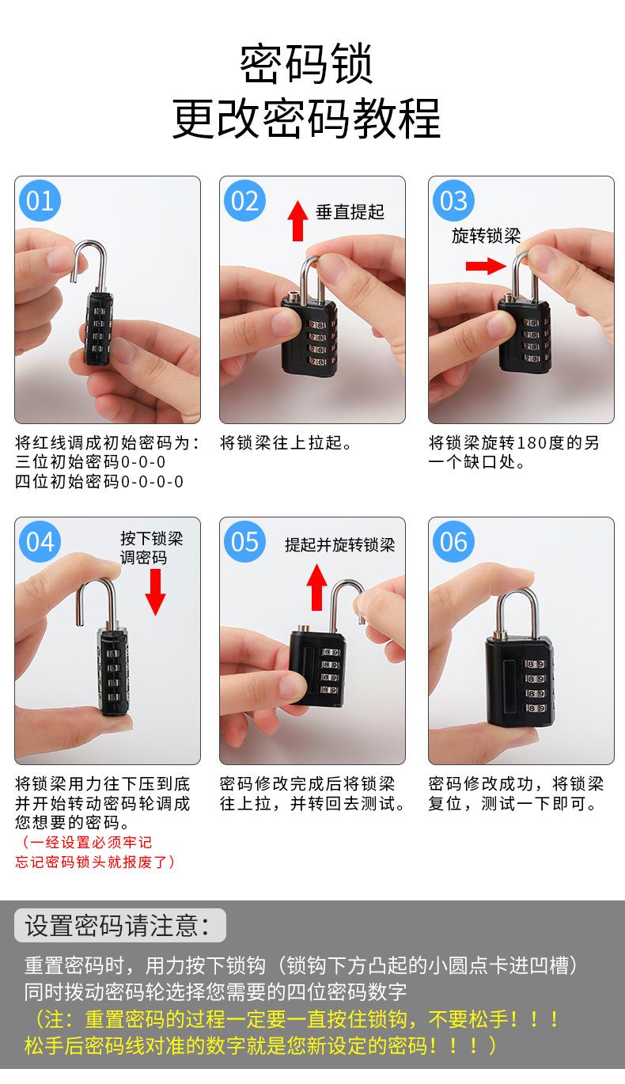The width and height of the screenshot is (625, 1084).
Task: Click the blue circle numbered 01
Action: pos(40,200)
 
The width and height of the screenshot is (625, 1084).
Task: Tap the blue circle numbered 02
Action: pos(244,200)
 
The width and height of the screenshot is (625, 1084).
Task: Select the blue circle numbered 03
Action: pos(453,200)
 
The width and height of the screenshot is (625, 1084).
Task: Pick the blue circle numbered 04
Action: pos(40,541)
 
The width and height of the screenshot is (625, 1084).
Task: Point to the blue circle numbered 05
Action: pos(244,541)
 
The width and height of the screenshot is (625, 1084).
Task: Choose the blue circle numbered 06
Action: pos(453,541)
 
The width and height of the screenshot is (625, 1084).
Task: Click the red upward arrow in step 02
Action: pos(298,221)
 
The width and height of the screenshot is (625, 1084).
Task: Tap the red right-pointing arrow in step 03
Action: pos(486,266)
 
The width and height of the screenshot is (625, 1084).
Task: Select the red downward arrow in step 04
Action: pos(155,592)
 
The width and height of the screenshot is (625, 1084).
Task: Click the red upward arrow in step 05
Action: pos(317,587)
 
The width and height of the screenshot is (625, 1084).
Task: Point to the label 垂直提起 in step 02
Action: pos(350,212)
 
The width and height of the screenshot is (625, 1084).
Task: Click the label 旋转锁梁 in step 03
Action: pos(487,236)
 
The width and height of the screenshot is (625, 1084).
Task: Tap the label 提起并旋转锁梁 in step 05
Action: pos(339,545)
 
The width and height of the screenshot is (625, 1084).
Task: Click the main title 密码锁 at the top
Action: pos(307,63)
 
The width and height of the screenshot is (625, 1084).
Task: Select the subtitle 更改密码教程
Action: pos(307,118)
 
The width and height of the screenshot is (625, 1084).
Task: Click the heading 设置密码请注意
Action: pos(117,926)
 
